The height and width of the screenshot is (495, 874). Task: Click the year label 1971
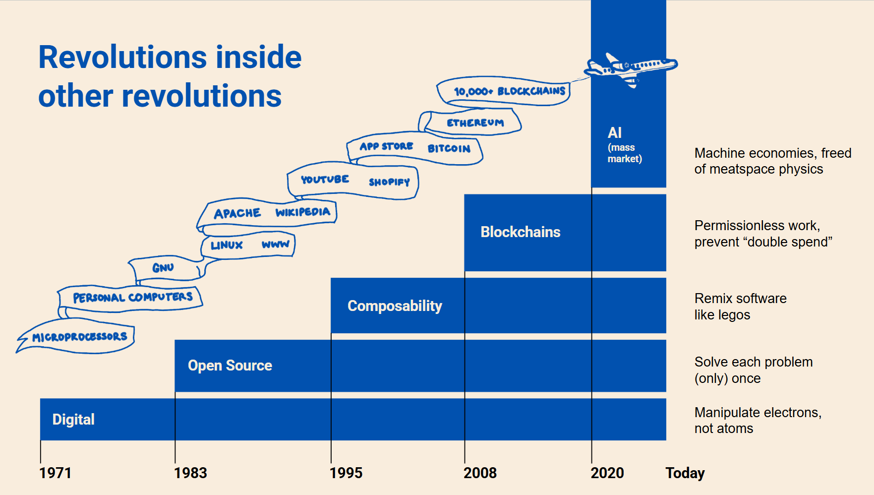[56, 473]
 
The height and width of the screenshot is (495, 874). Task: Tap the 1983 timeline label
[190, 473]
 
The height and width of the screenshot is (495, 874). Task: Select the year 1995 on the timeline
[346, 473]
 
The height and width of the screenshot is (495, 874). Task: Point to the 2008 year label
[480, 473]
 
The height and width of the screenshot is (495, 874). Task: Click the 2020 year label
[607, 473]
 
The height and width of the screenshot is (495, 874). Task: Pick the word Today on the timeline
[685, 473]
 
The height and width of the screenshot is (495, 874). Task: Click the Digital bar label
[73, 420]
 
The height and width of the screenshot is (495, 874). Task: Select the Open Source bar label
[230, 366]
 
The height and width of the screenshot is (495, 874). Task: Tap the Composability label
[395, 306]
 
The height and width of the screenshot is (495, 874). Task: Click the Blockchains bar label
[521, 232]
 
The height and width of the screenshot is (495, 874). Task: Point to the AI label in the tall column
[615, 133]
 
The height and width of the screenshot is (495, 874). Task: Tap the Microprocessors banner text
[80, 337]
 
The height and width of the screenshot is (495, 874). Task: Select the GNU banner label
[163, 268]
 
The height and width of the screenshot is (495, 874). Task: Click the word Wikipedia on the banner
[303, 212]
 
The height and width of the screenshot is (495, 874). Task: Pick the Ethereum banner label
[475, 123]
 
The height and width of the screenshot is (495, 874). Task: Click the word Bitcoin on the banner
[449, 148]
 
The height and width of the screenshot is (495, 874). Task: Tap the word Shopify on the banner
[389, 182]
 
